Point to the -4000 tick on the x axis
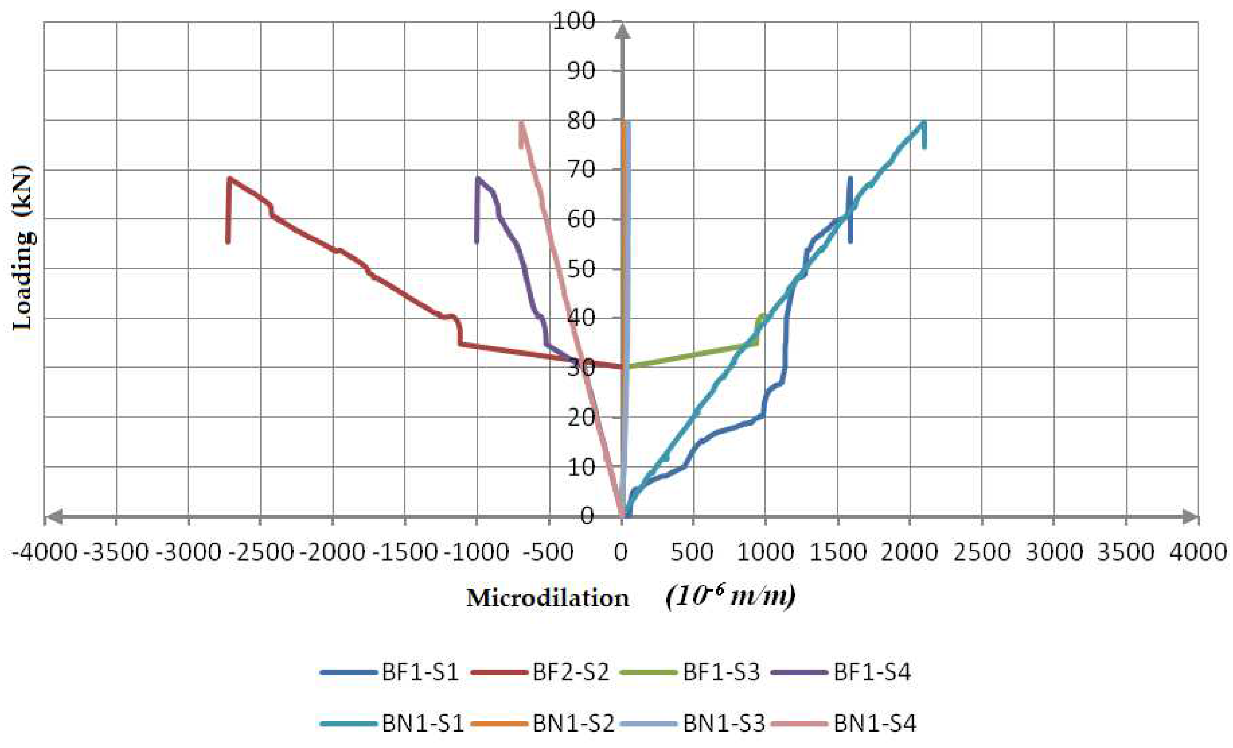[x=45, y=552]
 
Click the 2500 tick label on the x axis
[x=981, y=552]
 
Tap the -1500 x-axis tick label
[x=406, y=552]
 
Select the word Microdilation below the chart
[x=547, y=598]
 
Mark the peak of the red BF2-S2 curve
[x=230, y=178]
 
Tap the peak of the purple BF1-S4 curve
[x=477, y=178]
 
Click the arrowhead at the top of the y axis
[x=622, y=30]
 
